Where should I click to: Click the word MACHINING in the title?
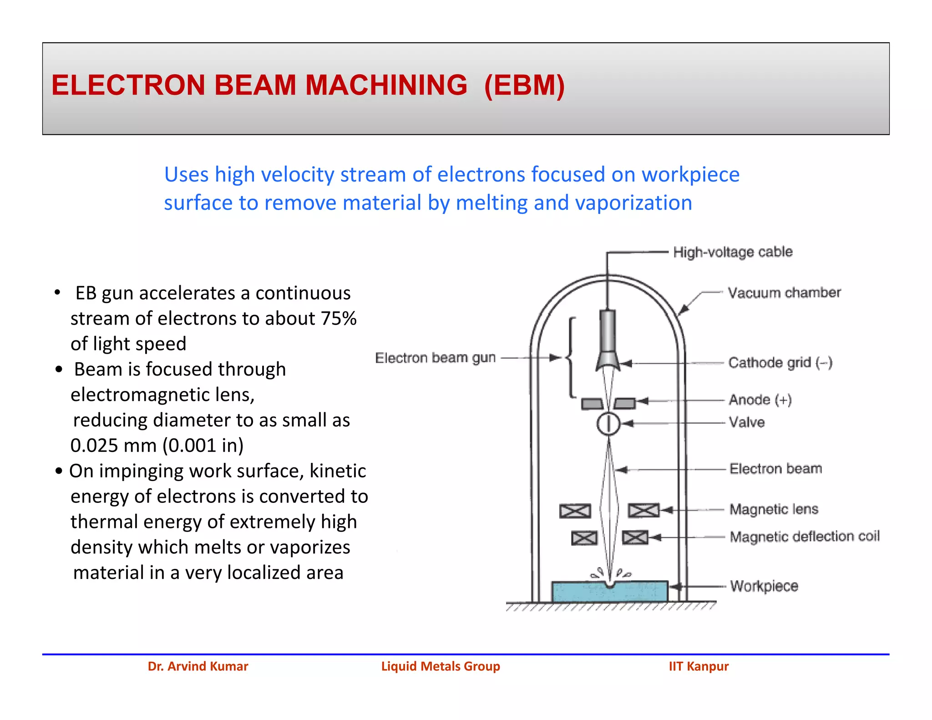386,85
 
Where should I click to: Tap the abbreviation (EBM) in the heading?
524,85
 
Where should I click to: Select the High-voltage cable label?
733,252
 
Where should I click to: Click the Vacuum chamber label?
784,293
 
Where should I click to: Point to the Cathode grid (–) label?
780,363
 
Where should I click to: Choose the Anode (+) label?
760,400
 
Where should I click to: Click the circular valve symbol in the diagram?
608,424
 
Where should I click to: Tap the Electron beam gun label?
435,358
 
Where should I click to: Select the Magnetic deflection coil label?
804,537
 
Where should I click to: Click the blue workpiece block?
610,592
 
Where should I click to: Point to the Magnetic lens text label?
774,509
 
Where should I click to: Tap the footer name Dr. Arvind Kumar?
198,666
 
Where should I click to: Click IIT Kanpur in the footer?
698,666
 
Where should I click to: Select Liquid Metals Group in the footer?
441,666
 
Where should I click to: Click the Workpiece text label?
764,586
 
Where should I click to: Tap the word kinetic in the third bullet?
338,471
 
